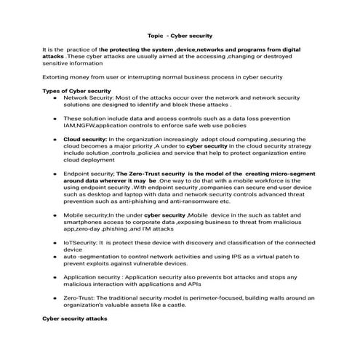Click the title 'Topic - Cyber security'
click(180, 35)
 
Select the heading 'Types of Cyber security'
click(71, 90)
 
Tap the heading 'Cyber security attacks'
click(74, 319)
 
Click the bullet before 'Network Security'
click(55, 97)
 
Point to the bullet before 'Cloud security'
click(55, 139)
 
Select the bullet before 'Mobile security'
click(55, 216)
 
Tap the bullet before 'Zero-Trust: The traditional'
click(55, 298)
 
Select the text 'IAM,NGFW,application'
click(92, 124)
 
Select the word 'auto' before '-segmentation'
click(70, 257)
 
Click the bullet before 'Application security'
click(55, 277)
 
